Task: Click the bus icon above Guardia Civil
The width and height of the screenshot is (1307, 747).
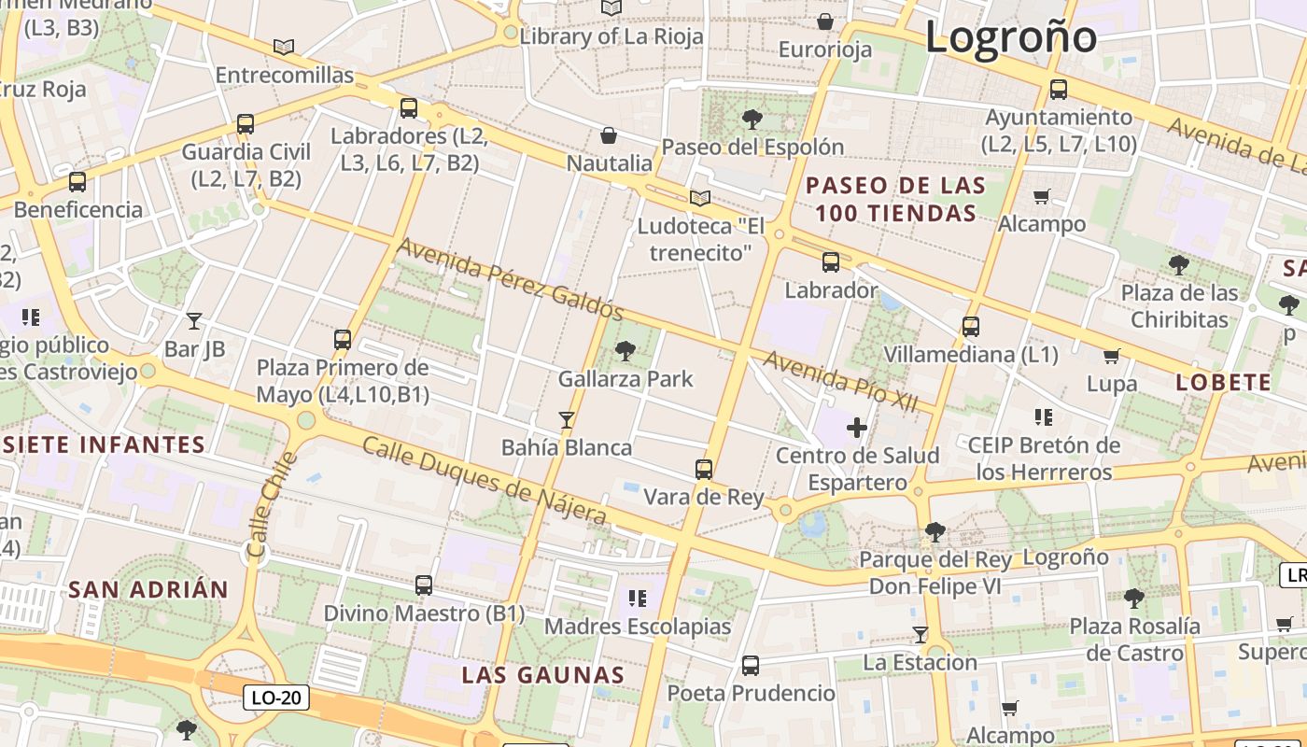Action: (x=246, y=123)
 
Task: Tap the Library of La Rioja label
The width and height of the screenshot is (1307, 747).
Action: (x=611, y=36)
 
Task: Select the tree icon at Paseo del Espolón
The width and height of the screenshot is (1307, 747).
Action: (x=752, y=119)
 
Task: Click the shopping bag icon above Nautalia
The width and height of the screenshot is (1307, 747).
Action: (x=609, y=135)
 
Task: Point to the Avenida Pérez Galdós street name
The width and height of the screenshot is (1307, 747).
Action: (x=510, y=278)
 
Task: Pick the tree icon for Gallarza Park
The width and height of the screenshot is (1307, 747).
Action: (x=625, y=351)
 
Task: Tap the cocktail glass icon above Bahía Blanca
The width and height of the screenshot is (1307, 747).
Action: (x=566, y=419)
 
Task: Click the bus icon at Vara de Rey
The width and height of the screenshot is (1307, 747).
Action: (x=704, y=469)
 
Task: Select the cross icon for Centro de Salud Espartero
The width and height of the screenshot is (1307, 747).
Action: (x=856, y=428)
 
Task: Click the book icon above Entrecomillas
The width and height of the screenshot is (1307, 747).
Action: (x=284, y=47)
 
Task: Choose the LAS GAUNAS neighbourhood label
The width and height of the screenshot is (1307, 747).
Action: (x=543, y=675)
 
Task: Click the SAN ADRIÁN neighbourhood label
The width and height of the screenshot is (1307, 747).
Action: (x=148, y=589)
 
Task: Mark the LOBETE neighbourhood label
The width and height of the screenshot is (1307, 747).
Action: (x=1223, y=382)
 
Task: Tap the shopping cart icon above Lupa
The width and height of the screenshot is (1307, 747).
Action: (x=1111, y=356)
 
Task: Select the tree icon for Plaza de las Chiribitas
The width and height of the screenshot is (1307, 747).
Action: (x=1179, y=264)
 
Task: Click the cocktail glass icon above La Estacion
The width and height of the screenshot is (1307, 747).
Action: (x=920, y=634)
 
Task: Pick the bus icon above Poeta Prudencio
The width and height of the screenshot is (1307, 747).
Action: (x=751, y=665)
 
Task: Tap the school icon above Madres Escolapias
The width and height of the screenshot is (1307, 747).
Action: (x=638, y=598)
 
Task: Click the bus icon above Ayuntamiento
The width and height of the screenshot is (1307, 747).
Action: (x=1059, y=90)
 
